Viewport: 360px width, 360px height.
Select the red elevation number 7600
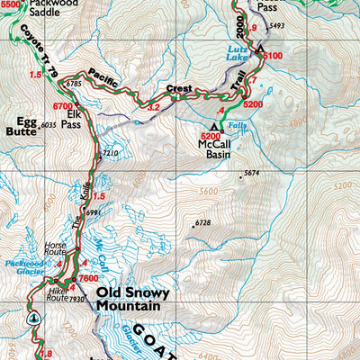point(87,279)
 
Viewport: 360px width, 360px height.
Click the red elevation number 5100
point(274,56)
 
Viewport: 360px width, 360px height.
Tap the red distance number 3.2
point(153,107)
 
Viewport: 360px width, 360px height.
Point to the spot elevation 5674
point(250,173)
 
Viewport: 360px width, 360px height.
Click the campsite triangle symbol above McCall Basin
point(214,125)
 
